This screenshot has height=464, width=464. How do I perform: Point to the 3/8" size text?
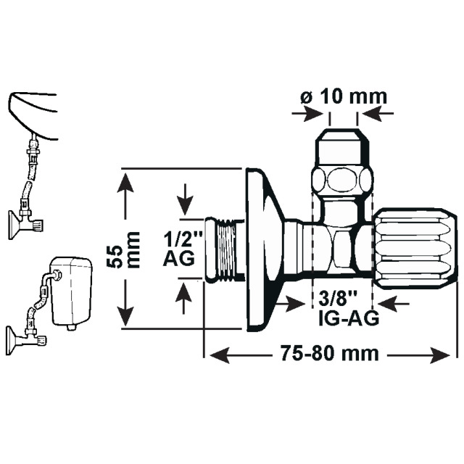click(336, 298)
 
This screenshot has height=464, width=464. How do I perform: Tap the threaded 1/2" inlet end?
click(224, 246)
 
